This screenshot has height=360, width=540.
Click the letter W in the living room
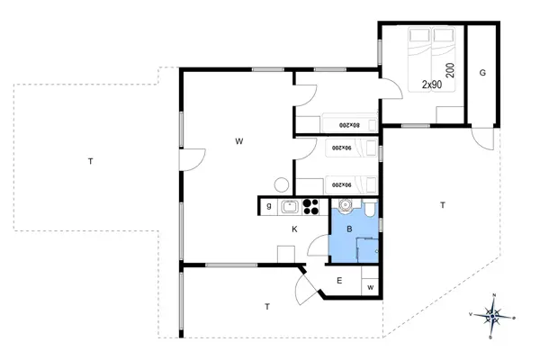coord(239,141)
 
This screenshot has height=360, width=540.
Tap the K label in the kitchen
coord(294,229)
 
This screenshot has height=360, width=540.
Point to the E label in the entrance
coord(339,281)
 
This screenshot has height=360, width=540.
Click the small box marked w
coord(370,287)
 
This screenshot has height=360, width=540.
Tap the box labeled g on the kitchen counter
coord(268,207)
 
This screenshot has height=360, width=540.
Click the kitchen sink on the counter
coord(290,207)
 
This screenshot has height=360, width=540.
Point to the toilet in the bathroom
coord(369,210)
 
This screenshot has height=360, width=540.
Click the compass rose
coord(492,315)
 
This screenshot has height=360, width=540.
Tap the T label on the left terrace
coord(90,161)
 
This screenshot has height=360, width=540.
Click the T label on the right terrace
coord(442,205)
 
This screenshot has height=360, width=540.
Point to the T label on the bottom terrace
coord(267,307)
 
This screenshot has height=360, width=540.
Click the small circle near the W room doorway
coord(282,184)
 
